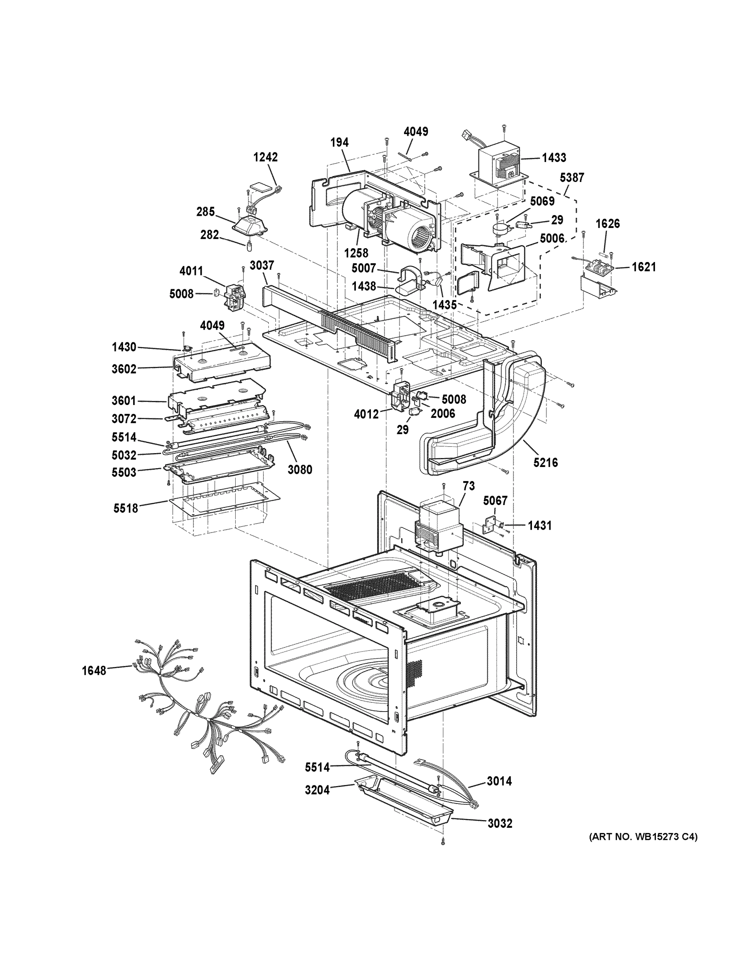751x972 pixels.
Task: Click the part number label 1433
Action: [554, 158]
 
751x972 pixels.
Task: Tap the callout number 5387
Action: [572, 177]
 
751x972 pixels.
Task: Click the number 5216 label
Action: [545, 463]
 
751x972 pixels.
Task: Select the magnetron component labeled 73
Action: [438, 525]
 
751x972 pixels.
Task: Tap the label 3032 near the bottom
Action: [500, 823]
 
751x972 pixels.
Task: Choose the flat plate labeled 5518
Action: [225, 499]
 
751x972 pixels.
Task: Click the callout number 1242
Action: [265, 157]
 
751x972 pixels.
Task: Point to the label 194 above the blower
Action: [339, 143]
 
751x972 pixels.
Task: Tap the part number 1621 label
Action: [644, 267]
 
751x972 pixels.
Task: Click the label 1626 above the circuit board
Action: [608, 224]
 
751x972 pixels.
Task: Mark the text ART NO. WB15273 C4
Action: [643, 837]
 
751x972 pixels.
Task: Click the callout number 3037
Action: [262, 265]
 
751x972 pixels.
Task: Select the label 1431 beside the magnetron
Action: [540, 526]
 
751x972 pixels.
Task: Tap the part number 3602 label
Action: [124, 369]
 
